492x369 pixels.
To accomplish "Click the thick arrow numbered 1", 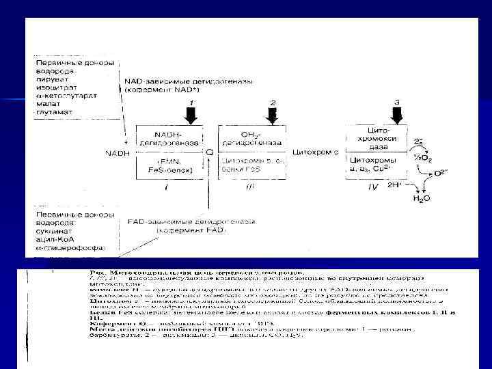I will tap(192, 113).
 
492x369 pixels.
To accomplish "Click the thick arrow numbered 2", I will tap(273, 115).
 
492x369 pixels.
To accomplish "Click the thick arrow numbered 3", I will tap(397, 113).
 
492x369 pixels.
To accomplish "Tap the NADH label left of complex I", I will tap(117, 152).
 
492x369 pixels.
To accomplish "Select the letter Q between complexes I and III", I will tap(209, 152).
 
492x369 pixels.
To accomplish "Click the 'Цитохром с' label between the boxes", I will tap(315, 152).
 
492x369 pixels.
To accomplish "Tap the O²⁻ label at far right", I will tap(443, 173).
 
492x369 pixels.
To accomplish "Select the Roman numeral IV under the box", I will tap(373, 186).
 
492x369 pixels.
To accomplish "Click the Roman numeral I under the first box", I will tap(167, 186).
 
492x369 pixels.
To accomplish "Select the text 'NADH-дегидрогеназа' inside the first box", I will tap(168, 138).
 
